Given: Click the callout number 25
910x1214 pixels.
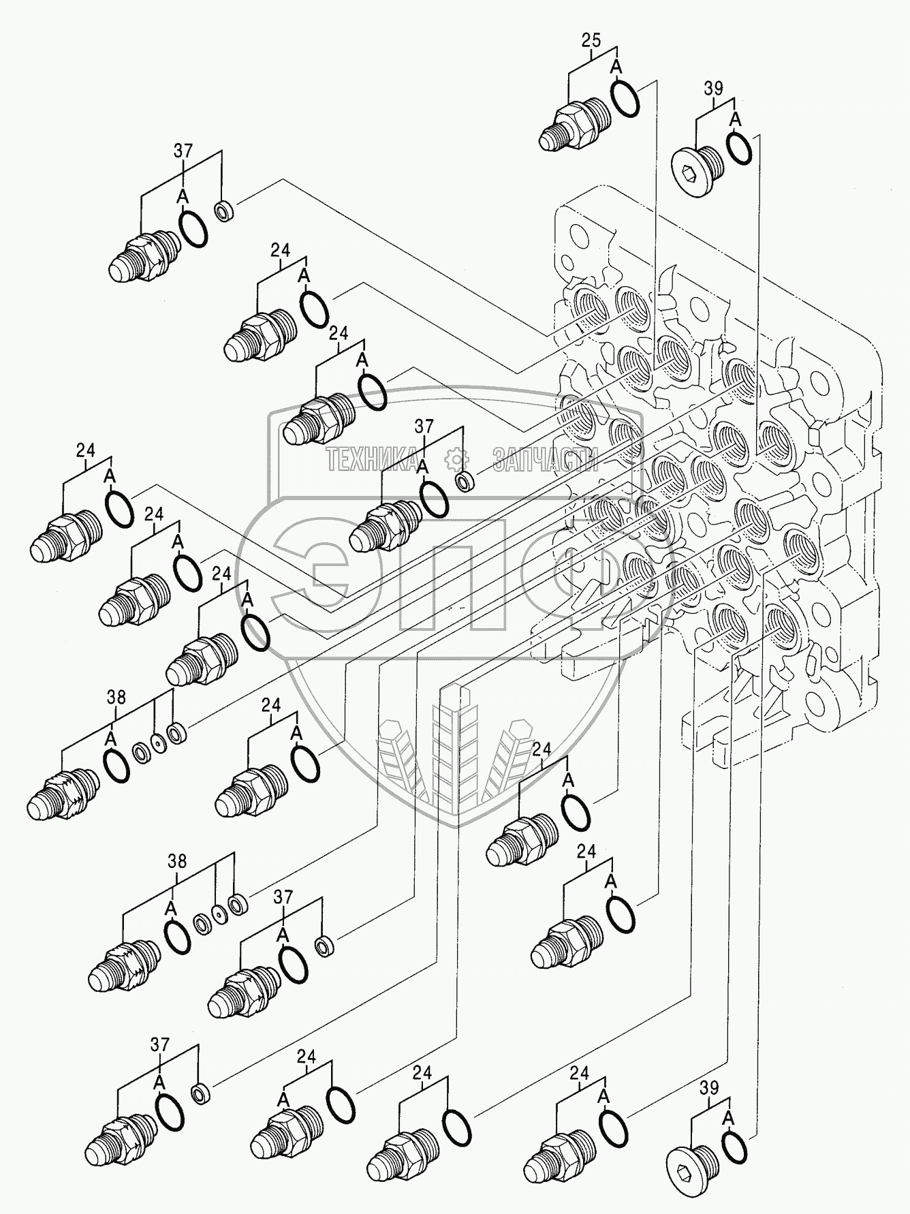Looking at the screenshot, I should point(591,40).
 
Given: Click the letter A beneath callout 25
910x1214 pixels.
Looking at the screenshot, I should point(616,67).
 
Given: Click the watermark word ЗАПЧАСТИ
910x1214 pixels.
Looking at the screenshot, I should point(545,461).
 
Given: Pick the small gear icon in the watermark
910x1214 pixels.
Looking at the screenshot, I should point(454,461).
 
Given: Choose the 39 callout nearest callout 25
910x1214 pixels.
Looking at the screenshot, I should point(713,89).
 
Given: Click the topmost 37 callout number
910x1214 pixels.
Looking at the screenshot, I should point(183,151).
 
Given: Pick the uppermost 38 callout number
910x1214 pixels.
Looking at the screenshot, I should point(116,697).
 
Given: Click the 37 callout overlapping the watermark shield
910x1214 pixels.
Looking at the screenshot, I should point(424,426).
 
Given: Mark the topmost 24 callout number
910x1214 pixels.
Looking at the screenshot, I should point(280,250).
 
